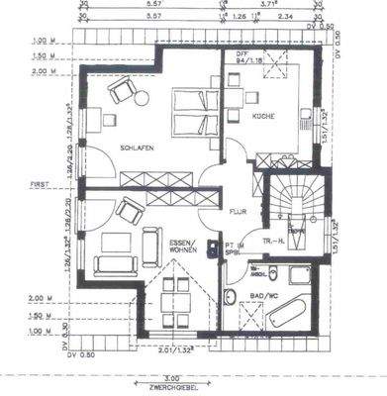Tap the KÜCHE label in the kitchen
coord(262,118)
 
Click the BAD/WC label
coord(263,296)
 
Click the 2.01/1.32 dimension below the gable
coord(175,347)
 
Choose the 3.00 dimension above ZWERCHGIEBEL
coord(171,377)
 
